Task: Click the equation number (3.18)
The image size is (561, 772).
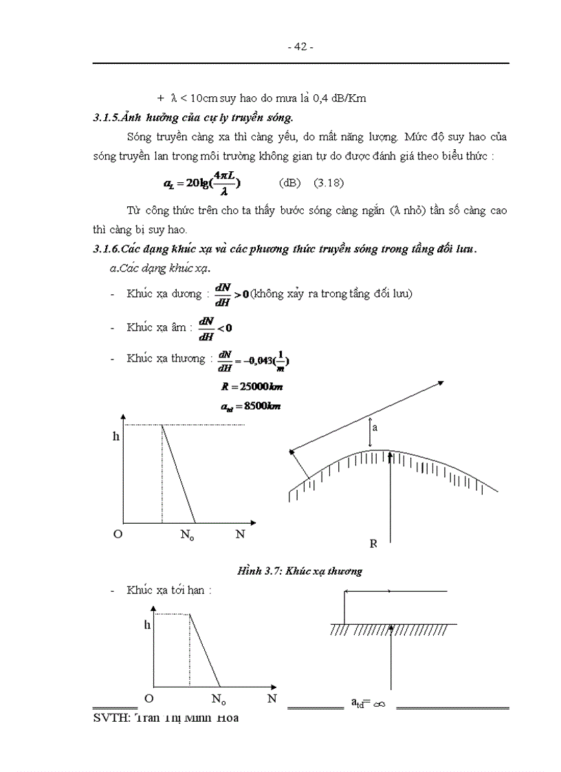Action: pos(329,184)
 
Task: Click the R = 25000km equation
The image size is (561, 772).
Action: pos(247,388)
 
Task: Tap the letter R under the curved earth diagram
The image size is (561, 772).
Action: pos(373,544)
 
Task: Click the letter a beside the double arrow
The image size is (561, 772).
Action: pos(375,427)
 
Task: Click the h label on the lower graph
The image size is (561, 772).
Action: pos(146,625)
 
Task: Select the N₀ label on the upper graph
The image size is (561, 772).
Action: pos(188,535)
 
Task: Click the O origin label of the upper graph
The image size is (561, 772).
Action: pos(118,534)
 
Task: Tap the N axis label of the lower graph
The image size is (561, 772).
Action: pos(272,699)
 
